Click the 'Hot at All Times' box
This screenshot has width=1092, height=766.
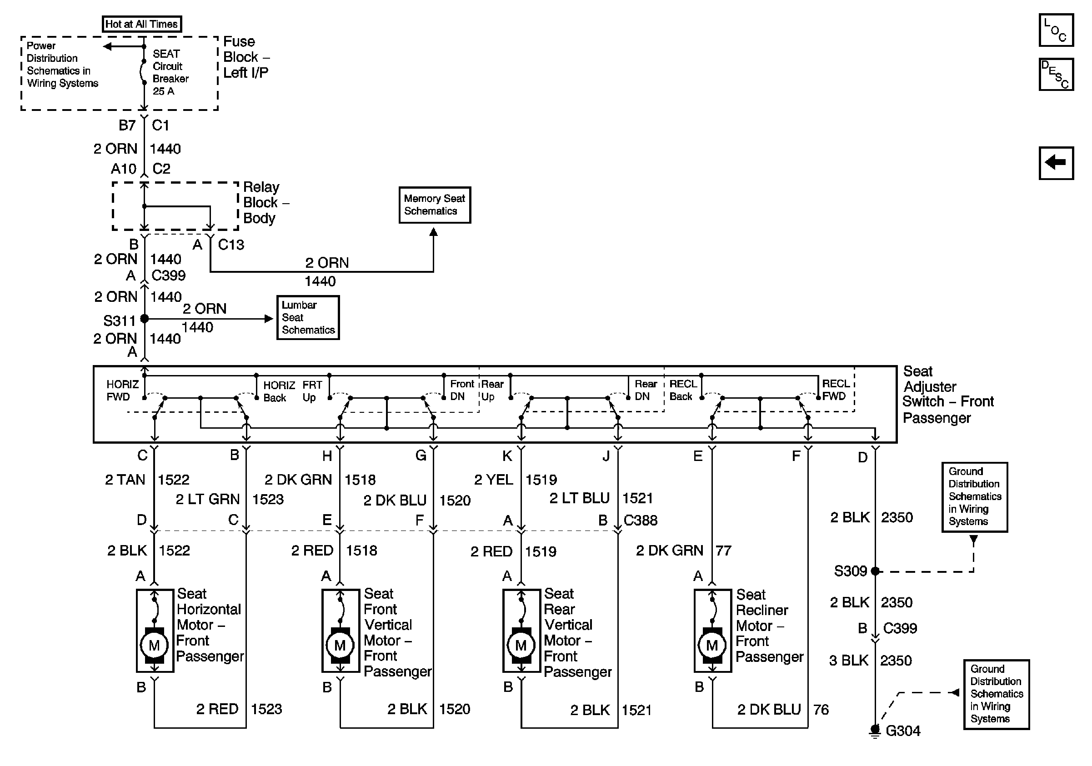pos(141,24)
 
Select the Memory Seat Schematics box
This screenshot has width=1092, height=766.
pos(434,205)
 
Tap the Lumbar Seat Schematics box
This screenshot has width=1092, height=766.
pos(308,318)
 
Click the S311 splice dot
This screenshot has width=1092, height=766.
pos(145,319)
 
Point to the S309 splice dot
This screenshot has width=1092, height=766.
pos(875,571)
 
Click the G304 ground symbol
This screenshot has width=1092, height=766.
pos(875,731)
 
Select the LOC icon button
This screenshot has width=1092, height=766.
pos(1055,30)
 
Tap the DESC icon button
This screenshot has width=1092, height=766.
pos(1055,74)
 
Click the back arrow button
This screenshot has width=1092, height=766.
pos(1055,163)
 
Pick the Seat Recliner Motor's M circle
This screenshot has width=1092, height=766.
pos(711,645)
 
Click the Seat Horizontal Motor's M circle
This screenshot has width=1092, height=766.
pos(154,645)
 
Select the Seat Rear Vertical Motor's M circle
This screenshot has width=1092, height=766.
pos(521,645)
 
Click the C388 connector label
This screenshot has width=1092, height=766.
pos(640,520)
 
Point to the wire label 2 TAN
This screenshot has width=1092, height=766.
pos(125,479)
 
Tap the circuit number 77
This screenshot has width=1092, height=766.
pos(723,551)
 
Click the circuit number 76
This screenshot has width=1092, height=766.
pos(821,710)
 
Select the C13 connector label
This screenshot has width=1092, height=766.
pos(230,245)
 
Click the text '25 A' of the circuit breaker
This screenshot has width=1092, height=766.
pos(163,91)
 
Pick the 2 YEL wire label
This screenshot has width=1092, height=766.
pos(493,479)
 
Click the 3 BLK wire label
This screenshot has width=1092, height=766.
pos(848,661)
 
